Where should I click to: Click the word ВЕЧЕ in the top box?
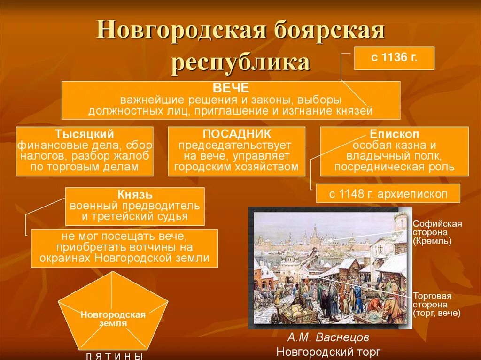coord(231,89)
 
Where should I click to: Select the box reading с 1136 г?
coord(394,59)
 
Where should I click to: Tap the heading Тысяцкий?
coord(85,134)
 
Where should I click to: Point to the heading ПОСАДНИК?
coord(237,134)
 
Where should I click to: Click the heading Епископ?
coord(395,134)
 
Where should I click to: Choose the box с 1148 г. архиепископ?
coord(388,193)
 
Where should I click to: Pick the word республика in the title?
coord(240,62)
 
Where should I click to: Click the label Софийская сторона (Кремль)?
coord(437,232)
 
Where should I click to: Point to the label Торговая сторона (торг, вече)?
coord(436,304)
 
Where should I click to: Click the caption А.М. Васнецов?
coord(328,337)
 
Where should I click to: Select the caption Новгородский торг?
coord(329,352)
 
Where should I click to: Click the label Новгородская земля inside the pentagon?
coord(113,319)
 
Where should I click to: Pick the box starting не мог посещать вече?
coord(124,247)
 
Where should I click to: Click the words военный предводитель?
coord(135,206)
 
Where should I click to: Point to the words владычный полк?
coord(394,156)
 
